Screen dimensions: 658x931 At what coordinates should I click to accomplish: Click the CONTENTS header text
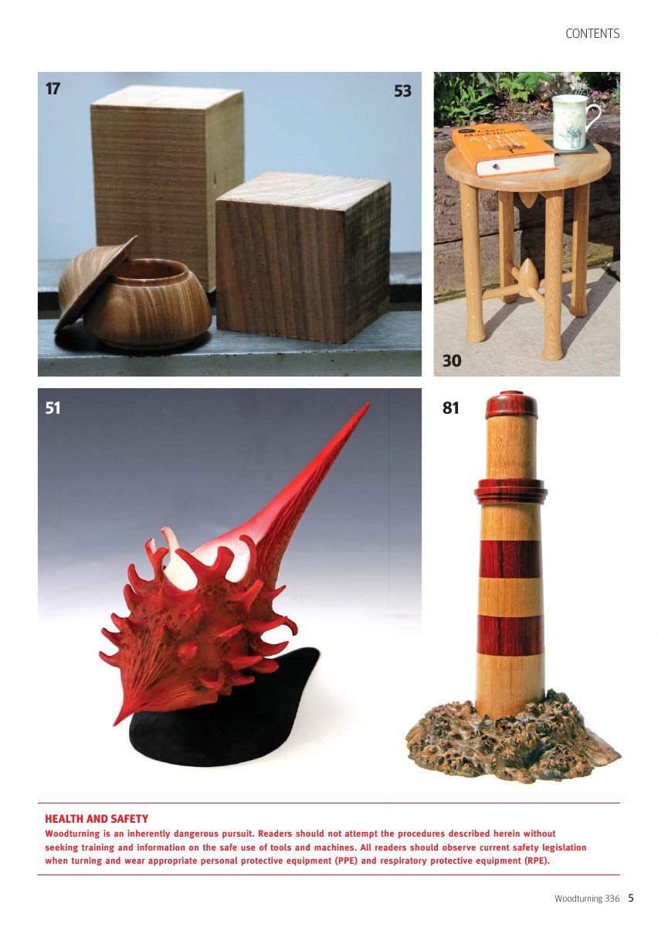(x=592, y=34)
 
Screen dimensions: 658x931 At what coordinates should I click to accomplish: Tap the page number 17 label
(x=53, y=88)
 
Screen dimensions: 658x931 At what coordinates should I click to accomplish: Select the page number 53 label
(x=402, y=90)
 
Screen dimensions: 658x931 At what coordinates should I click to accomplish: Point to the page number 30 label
(x=452, y=360)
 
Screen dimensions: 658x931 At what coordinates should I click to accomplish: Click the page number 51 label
(x=53, y=408)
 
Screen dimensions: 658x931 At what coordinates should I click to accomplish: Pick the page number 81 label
(x=450, y=408)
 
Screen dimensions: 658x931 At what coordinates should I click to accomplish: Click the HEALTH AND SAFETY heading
(x=97, y=819)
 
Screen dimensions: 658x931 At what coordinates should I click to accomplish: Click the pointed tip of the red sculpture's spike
(x=368, y=403)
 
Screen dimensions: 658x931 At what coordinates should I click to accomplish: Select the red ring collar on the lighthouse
(x=510, y=489)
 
